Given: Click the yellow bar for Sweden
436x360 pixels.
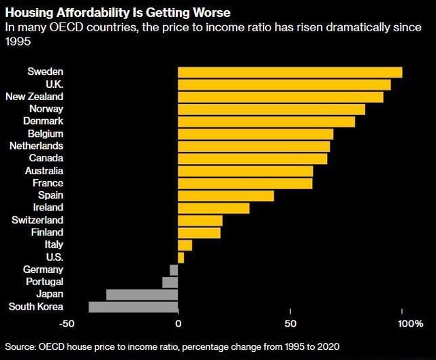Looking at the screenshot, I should (290, 72).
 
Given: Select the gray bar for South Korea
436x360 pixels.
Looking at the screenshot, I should (133, 306).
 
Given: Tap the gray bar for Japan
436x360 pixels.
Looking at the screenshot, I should (142, 294).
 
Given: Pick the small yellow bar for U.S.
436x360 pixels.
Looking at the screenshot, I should (181, 257).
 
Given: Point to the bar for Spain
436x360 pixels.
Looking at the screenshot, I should (225, 196).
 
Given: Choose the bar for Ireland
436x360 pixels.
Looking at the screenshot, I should (213, 208).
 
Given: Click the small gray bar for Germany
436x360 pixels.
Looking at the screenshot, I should (174, 269).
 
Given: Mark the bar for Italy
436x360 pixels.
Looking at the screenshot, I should (185, 245).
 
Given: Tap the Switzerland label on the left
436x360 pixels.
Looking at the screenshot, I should (37, 220).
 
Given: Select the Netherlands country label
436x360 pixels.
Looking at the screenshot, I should (36, 146).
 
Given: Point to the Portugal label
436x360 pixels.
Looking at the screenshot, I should (44, 281).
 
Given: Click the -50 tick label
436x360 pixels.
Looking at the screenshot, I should (67, 322).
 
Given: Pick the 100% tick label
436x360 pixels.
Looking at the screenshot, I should (410, 322).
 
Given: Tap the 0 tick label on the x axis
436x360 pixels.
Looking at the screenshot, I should (178, 322).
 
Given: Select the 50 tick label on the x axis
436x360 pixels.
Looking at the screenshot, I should (290, 322).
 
